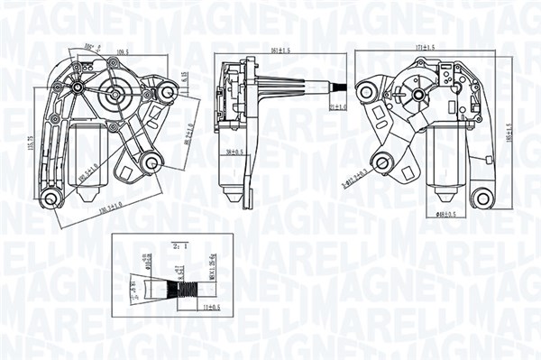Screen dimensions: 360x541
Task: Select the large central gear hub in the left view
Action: pyautogui.click(x=116, y=91)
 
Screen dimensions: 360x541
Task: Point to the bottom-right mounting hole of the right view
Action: pyautogui.click(x=484, y=198)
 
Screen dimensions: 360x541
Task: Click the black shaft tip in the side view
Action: pyautogui.click(x=340, y=88)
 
